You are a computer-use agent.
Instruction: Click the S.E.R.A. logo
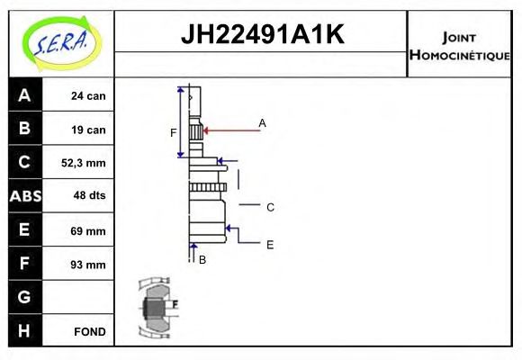tap(60, 40)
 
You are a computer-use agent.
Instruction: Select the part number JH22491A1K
tap(262, 35)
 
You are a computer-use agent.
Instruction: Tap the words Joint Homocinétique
tap(459, 45)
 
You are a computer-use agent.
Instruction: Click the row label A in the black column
tap(24, 95)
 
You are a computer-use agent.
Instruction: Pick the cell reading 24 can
tap(89, 95)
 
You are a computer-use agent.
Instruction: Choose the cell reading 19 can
tap(89, 130)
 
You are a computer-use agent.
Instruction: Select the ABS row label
tap(24, 196)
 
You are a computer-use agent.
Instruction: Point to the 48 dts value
tap(89, 196)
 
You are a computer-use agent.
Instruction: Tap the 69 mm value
tap(89, 230)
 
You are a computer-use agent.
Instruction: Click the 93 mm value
tap(89, 264)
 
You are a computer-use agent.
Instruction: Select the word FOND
tap(89, 331)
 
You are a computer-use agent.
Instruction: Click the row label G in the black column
tap(24, 297)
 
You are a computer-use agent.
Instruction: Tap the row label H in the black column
tap(24, 330)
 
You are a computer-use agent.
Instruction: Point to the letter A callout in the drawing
tap(262, 122)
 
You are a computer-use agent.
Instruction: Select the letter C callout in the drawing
tap(270, 207)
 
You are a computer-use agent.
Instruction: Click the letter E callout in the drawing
tap(270, 244)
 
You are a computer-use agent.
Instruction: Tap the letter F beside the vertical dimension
tap(174, 133)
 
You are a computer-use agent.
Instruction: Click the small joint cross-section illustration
tap(157, 308)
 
